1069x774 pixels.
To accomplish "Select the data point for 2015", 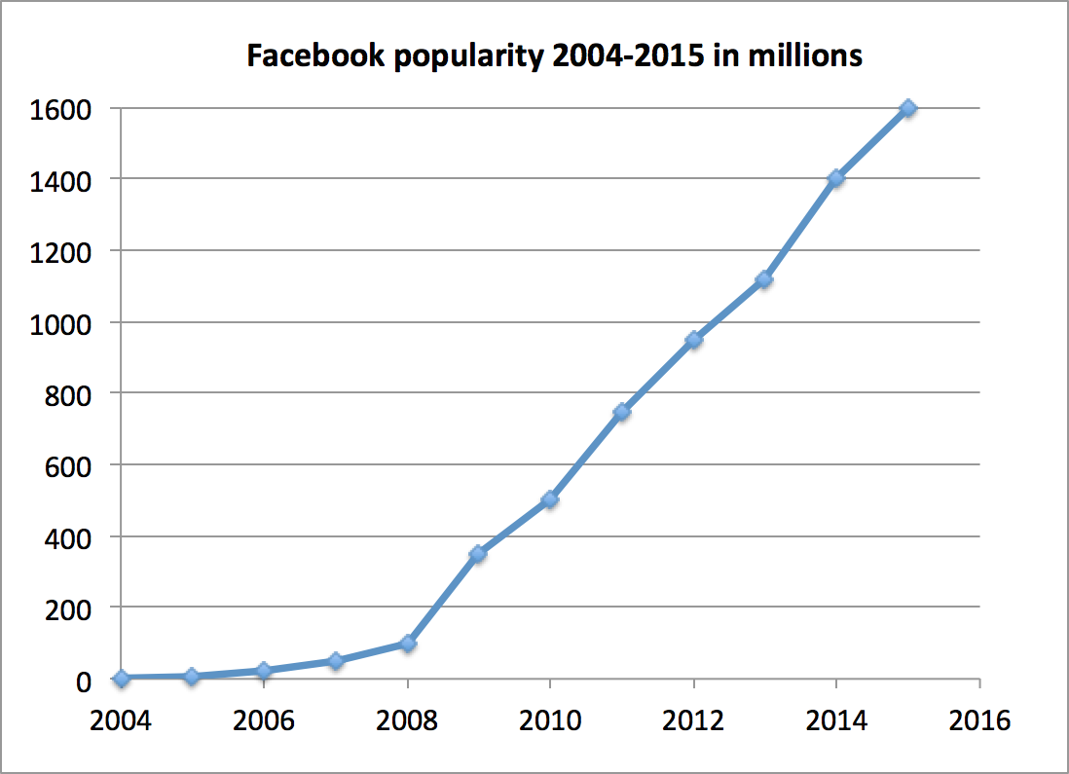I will point(908,108).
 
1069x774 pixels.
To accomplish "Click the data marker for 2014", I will point(835,179).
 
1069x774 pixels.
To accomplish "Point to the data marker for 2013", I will point(764,280).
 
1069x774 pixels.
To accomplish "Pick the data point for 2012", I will point(693,341).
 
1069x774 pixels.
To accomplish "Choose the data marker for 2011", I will point(621,412).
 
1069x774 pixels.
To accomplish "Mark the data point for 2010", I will point(550,499).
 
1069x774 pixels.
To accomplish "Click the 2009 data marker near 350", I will point(478,554).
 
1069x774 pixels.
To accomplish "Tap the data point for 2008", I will point(407,644).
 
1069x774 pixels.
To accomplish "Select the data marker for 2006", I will point(264,671).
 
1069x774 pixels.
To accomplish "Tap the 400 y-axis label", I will point(71,537).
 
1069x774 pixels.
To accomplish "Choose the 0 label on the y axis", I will point(86,681).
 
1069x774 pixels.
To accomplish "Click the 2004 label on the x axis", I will point(121,721).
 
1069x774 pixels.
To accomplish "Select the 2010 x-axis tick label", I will point(550,721).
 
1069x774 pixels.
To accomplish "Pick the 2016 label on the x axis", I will point(978,721).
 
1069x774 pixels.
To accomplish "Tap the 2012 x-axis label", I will point(693,721).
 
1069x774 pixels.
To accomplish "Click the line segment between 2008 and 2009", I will point(443,599).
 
